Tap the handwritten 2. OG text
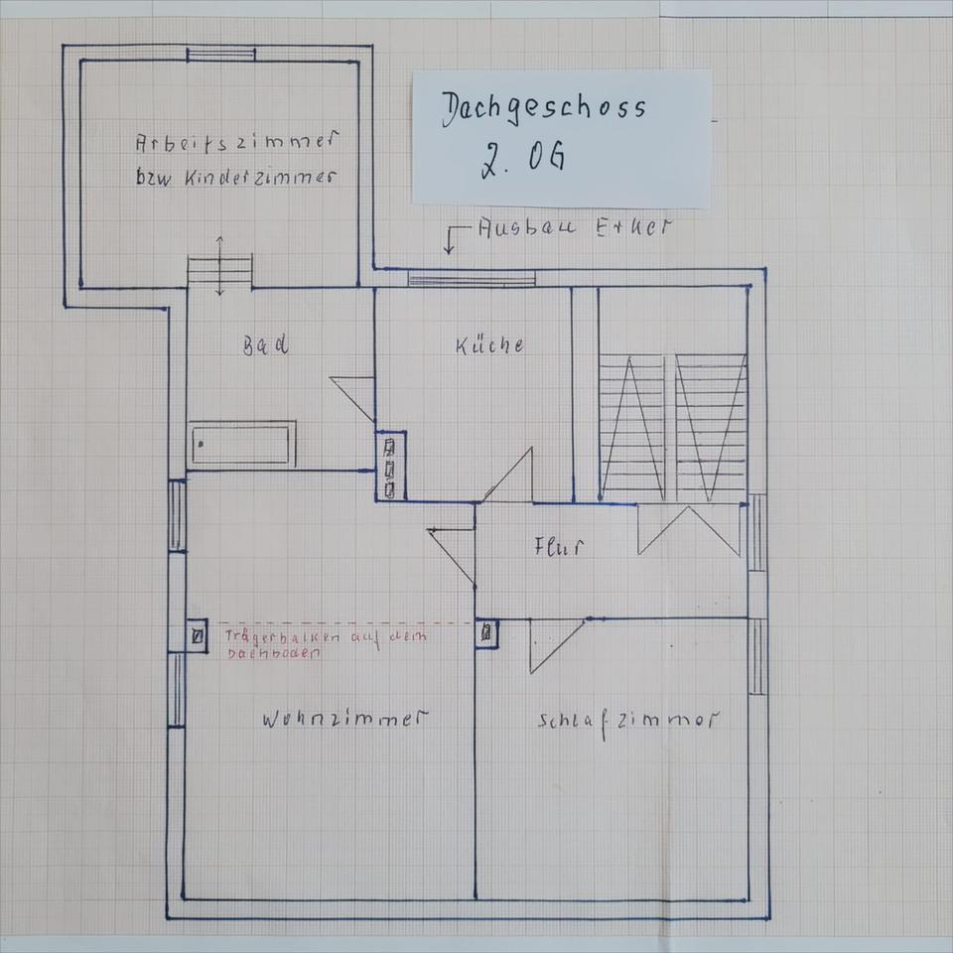(523, 159)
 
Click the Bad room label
(266, 345)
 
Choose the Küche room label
(489, 345)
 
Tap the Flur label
(558, 547)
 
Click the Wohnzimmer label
(344, 719)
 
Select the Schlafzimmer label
(626, 721)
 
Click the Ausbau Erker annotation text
(574, 227)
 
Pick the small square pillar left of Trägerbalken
(199, 635)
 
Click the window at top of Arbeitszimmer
(220, 55)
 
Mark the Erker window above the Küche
(472, 280)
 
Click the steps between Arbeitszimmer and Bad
(220, 271)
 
